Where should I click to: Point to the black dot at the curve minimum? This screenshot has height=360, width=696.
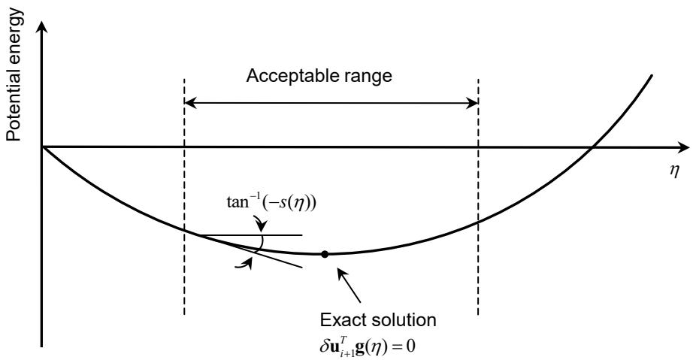[325, 254]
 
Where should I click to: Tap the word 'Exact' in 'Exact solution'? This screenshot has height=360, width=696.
[340, 320]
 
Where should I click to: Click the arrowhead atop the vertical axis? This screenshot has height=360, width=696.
[42, 28]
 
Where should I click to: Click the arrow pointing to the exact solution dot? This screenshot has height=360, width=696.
[350, 285]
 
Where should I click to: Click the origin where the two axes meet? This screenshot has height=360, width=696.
[42, 147]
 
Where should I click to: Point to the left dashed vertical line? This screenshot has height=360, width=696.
[184, 197]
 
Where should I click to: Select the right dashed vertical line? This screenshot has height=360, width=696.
[478, 197]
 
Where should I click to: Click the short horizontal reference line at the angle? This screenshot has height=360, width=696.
[251, 234]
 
